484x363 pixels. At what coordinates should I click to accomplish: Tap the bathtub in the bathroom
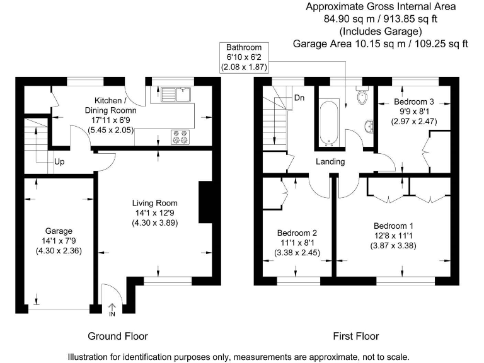pos(330,123)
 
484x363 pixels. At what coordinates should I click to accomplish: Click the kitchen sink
pos(176,95)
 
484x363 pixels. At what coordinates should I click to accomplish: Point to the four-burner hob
pos(180,137)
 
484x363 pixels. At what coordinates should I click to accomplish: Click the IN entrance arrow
pos(112,310)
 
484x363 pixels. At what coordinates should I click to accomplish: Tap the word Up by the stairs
pos(59,162)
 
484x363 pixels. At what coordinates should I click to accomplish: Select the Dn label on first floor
pos(299,98)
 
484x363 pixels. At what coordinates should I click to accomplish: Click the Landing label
pos(330,161)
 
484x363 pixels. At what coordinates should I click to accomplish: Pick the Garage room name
pos(59,231)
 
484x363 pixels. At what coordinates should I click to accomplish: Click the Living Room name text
pos(155,203)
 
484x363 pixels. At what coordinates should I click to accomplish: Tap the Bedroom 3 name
pos(414,101)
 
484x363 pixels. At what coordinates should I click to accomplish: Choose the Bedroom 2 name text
pos(297,233)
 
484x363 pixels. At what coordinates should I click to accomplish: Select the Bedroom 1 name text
pos(393,226)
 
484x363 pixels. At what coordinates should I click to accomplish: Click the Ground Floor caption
pos(118,336)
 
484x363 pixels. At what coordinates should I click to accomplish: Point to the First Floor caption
pos(356,336)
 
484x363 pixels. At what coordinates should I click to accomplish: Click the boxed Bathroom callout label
pos(244,57)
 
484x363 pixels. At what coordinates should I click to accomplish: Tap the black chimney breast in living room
pos(205,202)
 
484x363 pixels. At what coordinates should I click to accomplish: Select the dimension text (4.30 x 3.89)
pos(155,223)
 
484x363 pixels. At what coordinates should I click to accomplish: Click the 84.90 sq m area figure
pos(349,19)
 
